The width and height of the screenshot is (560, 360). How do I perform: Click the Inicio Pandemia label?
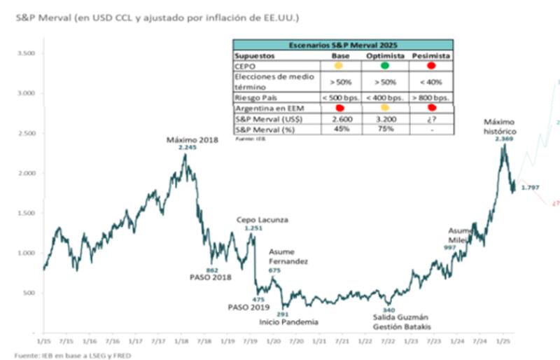pyautogui.click(x=288, y=322)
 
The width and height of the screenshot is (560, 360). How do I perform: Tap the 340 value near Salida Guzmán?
pyautogui.click(x=389, y=310)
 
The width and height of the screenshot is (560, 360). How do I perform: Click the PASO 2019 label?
pyautogui.click(x=248, y=307)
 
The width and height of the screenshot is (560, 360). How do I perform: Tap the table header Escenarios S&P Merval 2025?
pyautogui.click(x=342, y=43)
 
